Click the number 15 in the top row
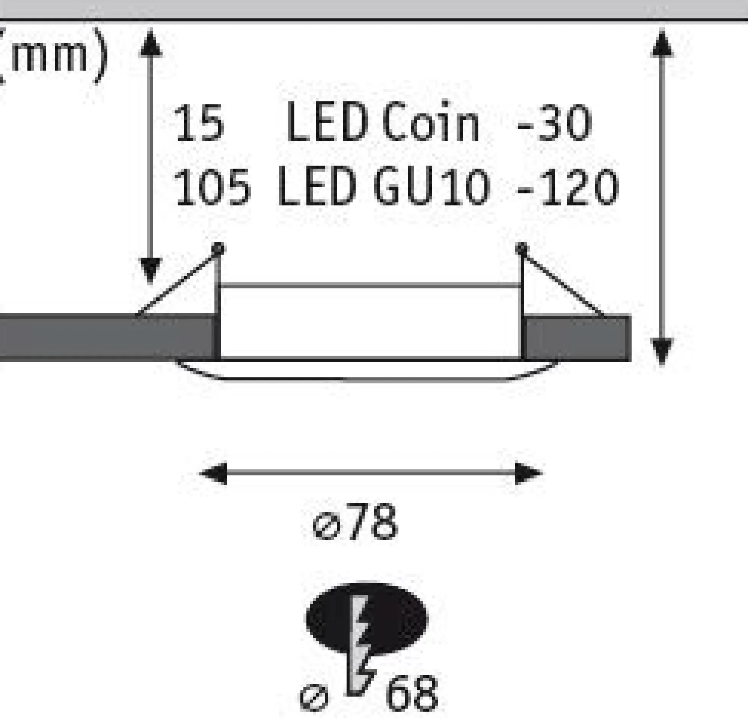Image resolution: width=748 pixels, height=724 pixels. [x=198, y=123]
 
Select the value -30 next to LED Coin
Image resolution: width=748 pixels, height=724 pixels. [x=554, y=123]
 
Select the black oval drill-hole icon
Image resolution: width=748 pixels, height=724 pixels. [x=366, y=619]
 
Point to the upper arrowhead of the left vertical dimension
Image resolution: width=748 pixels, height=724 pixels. [x=151, y=44]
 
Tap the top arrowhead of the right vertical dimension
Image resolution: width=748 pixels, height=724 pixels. [x=662, y=44]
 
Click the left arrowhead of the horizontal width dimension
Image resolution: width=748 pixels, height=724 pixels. [x=213, y=474]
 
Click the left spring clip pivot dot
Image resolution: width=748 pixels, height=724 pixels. [x=218, y=249]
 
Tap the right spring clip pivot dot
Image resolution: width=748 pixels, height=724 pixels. [x=522, y=249]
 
